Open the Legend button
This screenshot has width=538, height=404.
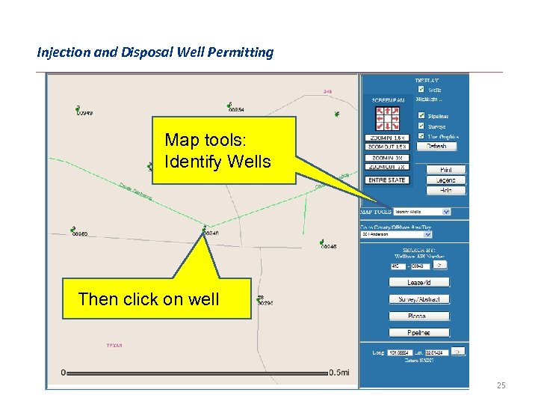445,180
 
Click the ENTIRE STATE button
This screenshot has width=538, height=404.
386,180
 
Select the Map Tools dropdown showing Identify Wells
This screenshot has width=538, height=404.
422,212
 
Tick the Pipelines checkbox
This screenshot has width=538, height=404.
421,115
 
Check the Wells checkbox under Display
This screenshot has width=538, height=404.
421,90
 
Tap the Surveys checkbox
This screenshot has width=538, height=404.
421,126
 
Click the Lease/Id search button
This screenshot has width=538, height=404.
418,283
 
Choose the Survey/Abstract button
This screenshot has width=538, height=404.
418,299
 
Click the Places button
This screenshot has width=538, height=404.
418,316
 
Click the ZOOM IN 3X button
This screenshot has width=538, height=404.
386,158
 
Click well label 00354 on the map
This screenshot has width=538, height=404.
237,110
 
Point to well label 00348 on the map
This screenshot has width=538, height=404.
329,246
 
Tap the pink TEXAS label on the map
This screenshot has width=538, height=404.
114,345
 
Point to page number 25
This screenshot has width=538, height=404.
501,385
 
